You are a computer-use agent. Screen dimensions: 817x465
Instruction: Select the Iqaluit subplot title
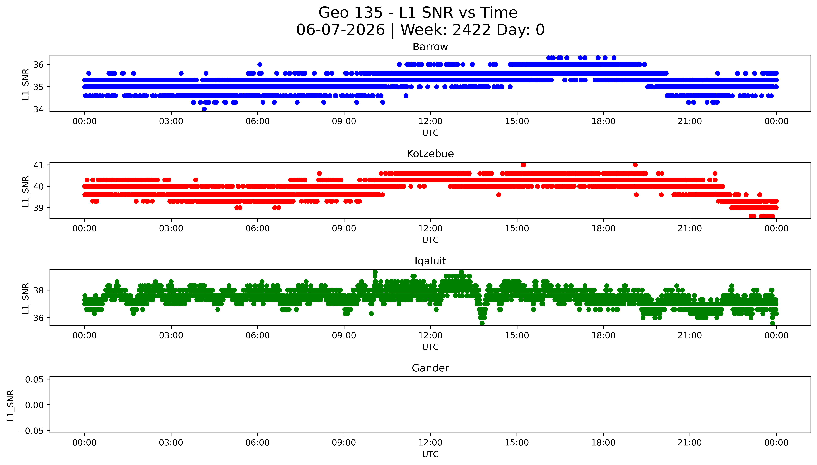click(430, 261)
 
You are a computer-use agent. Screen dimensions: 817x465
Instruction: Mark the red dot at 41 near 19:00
click(635, 165)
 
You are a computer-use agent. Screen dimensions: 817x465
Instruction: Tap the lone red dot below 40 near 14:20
click(499, 195)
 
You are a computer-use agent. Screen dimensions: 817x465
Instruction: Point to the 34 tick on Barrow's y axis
click(38, 109)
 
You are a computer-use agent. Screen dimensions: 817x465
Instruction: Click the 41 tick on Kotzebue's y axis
click(38, 165)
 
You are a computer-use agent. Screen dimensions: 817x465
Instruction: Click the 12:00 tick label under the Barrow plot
click(430, 121)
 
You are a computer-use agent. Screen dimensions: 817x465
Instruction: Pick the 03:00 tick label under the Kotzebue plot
click(171, 228)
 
